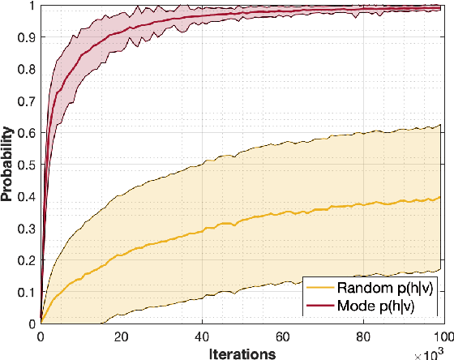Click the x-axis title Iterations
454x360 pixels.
coord(242,353)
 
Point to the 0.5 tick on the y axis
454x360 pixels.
coord(41,164)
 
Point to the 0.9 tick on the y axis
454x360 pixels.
coord(41,36)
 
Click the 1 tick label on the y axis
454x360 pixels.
coord(32,5)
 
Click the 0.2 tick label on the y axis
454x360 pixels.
coord(27,259)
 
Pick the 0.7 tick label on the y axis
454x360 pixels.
coord(27,101)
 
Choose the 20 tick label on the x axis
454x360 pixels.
coord(121,335)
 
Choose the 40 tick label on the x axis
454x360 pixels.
coord(201,335)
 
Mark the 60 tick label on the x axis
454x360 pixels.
coord(282,335)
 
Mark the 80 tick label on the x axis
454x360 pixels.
coord(362,335)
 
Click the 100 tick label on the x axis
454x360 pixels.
coord(442,335)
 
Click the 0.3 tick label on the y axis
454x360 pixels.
coord(27,228)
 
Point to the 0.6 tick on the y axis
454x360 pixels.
coord(41,132)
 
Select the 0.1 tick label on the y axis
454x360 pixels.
coord(27,291)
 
